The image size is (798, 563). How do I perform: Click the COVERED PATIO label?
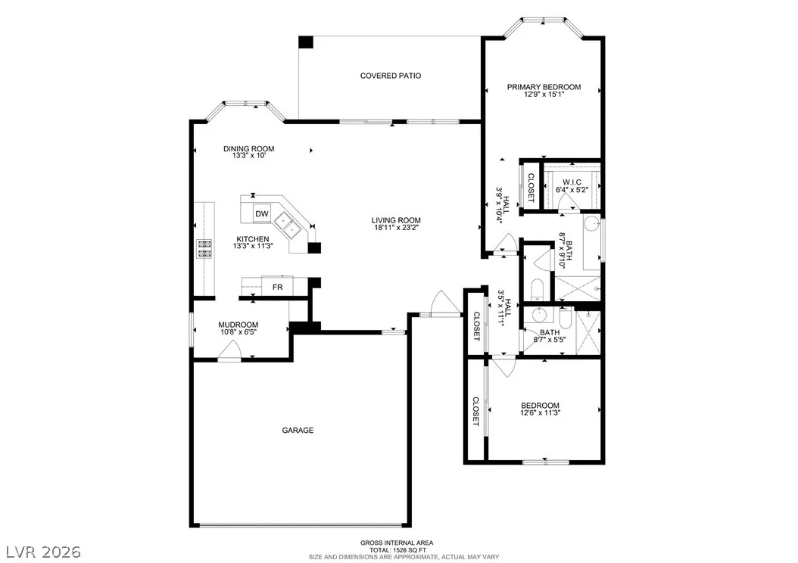[391, 76]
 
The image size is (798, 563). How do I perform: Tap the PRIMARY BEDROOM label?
[544, 87]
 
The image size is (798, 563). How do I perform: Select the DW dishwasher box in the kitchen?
[262, 213]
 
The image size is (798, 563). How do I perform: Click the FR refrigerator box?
[277, 287]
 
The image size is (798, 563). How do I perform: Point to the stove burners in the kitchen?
[204, 249]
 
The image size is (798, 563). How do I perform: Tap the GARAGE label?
[298, 431]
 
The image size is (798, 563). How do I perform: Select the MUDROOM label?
[238, 325]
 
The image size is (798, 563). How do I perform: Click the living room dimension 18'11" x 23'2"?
[397, 227]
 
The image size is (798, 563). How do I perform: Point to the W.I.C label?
[572, 182]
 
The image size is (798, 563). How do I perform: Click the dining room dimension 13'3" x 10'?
[249, 155]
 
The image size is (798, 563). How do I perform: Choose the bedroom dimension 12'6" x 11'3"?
[540, 412]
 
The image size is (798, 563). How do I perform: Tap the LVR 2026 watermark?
[44, 552]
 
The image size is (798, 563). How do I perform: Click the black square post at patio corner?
[305, 42]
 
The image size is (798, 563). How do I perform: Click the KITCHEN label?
[253, 239]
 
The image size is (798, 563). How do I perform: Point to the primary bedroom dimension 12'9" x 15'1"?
[544, 94]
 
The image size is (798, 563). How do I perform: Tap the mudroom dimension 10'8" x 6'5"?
[238, 331]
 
